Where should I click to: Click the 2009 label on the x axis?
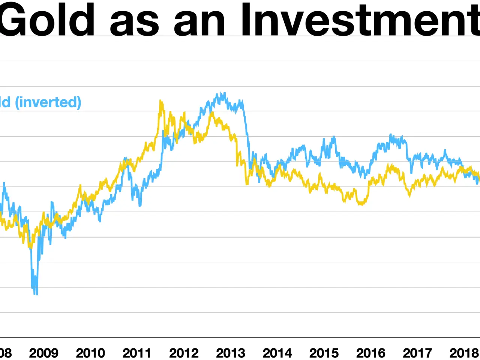pyautogui.click(x=43, y=353)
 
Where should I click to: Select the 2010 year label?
pyautogui.click(x=90, y=353)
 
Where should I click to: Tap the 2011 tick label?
pyautogui.click(x=137, y=353)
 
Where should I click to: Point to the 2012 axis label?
pyautogui.click(x=184, y=353)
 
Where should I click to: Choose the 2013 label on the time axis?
pyautogui.click(x=230, y=353)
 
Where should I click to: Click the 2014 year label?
pyautogui.click(x=277, y=353)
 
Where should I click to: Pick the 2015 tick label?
pyautogui.click(x=324, y=353)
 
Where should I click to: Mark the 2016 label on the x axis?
pyautogui.click(x=370, y=353)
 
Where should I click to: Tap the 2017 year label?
pyautogui.click(x=417, y=353)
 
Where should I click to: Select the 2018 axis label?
pyautogui.click(x=464, y=353)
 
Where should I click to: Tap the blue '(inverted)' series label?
pyautogui.click(x=48, y=102)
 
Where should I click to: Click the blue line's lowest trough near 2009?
pyautogui.click(x=36, y=294)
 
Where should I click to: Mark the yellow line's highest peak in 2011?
pyautogui.click(x=160, y=101)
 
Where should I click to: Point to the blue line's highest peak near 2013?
pyautogui.click(x=224, y=93)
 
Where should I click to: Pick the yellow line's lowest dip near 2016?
pyautogui.click(x=361, y=204)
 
